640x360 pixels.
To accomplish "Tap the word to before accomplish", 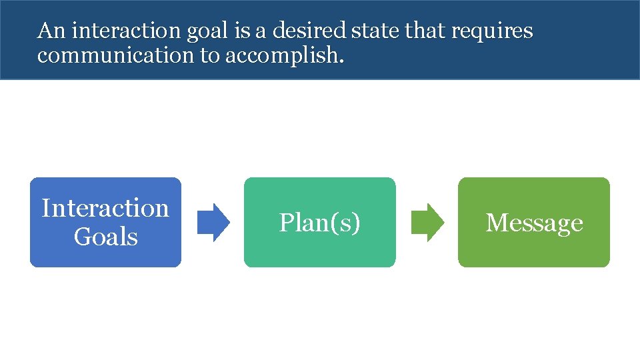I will click(209, 56).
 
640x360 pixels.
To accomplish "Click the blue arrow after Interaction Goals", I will click(214, 222).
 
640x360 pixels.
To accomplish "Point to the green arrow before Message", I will click(427, 222).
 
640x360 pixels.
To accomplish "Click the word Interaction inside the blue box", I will click(105, 208).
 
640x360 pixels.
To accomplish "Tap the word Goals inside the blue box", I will click(105, 237).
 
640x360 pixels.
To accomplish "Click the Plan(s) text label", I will click(319, 223).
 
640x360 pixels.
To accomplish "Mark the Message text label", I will click(534, 223).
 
